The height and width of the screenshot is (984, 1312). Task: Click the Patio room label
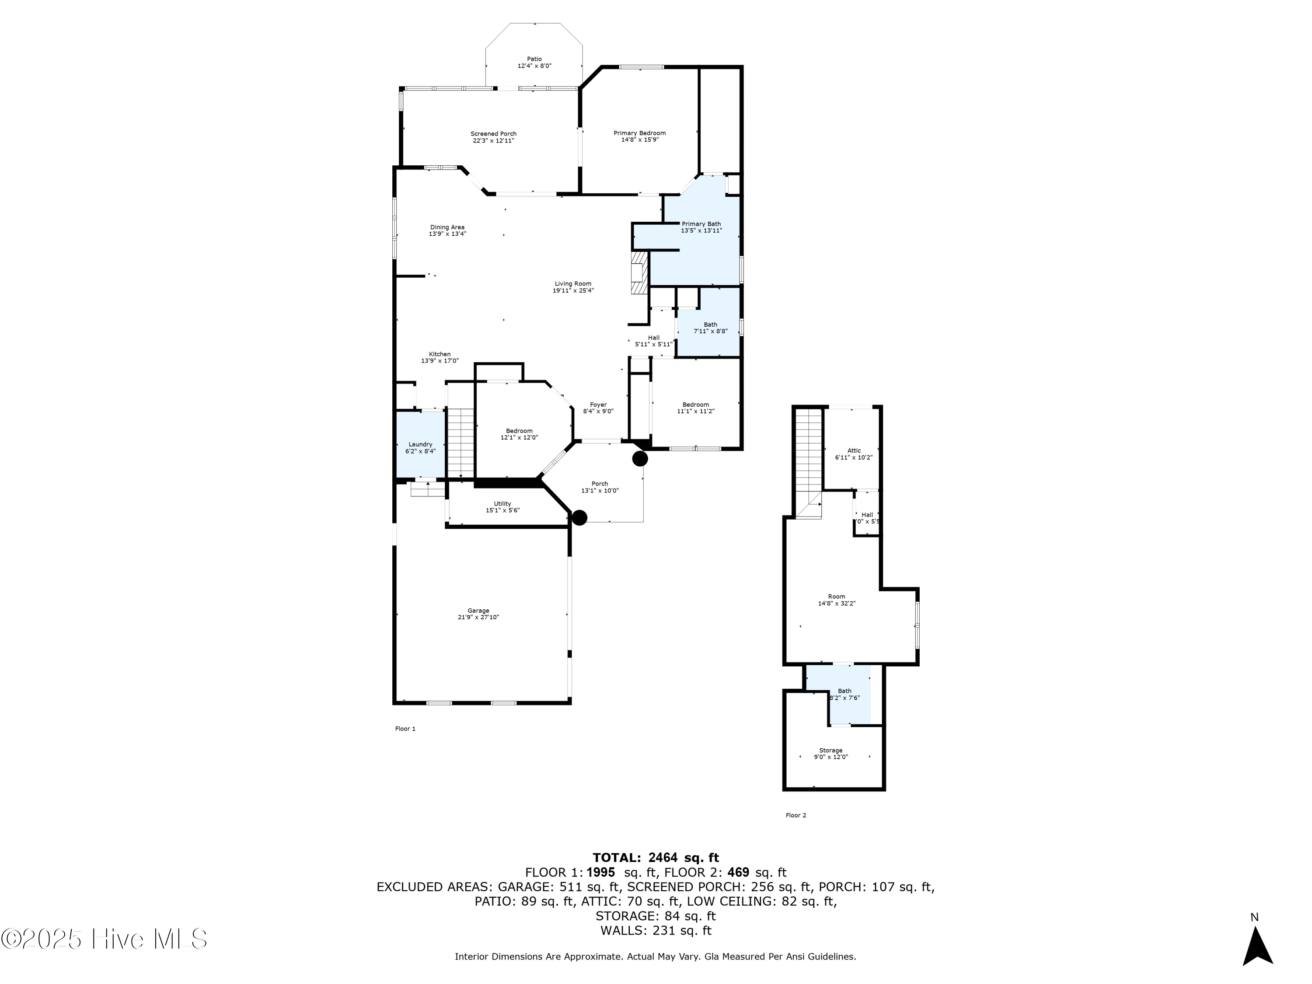(x=534, y=59)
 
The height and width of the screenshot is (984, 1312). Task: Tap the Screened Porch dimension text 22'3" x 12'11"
(x=493, y=140)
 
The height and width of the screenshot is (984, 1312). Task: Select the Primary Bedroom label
(x=639, y=133)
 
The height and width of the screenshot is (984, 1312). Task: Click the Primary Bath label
(x=701, y=223)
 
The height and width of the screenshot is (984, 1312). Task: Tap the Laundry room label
(x=420, y=444)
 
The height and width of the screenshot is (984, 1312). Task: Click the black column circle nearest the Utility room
(x=579, y=517)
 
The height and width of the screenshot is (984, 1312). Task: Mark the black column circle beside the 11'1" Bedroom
(x=640, y=458)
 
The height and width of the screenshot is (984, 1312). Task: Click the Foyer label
(x=598, y=405)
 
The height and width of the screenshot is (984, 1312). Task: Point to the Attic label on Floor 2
(x=854, y=450)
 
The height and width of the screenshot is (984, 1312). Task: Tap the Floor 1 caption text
(x=405, y=728)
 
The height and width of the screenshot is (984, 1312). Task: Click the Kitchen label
(x=440, y=354)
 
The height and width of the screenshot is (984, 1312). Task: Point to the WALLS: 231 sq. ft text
(x=656, y=930)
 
